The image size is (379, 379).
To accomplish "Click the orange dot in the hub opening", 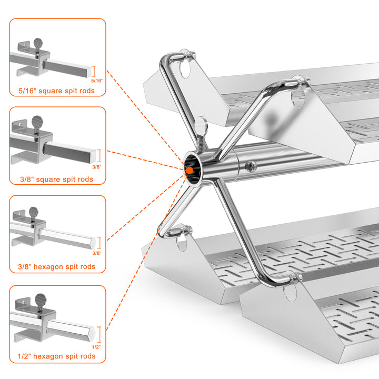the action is click(x=189, y=171).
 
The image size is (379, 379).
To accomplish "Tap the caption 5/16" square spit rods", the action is click(x=56, y=91).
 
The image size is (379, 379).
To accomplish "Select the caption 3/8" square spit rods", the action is click(x=56, y=179).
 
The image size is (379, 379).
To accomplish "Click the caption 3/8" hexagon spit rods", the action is click(x=56, y=266).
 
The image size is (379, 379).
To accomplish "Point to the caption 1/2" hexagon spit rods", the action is click(x=56, y=356).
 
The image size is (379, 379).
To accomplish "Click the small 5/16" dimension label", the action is click(x=97, y=81).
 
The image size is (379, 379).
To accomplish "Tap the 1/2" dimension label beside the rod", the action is click(x=96, y=347).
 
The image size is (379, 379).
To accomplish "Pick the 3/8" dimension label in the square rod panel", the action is click(x=97, y=167).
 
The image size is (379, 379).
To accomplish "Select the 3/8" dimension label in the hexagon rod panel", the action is click(x=97, y=253).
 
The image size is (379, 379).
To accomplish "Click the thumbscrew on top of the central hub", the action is click(x=201, y=132).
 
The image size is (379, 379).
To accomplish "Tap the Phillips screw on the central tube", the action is click(x=251, y=166).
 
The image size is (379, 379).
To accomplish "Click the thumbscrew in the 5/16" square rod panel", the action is click(x=38, y=46).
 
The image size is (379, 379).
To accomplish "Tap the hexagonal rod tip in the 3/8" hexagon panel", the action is click(x=93, y=243).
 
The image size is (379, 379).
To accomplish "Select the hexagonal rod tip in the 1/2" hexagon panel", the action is click(x=92, y=333).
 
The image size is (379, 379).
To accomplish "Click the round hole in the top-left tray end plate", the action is click(x=185, y=69).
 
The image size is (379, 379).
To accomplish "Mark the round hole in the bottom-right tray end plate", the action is click(x=290, y=293).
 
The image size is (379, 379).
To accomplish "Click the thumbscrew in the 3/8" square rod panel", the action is click(x=37, y=124).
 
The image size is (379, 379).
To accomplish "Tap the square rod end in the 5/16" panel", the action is click(x=89, y=72).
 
